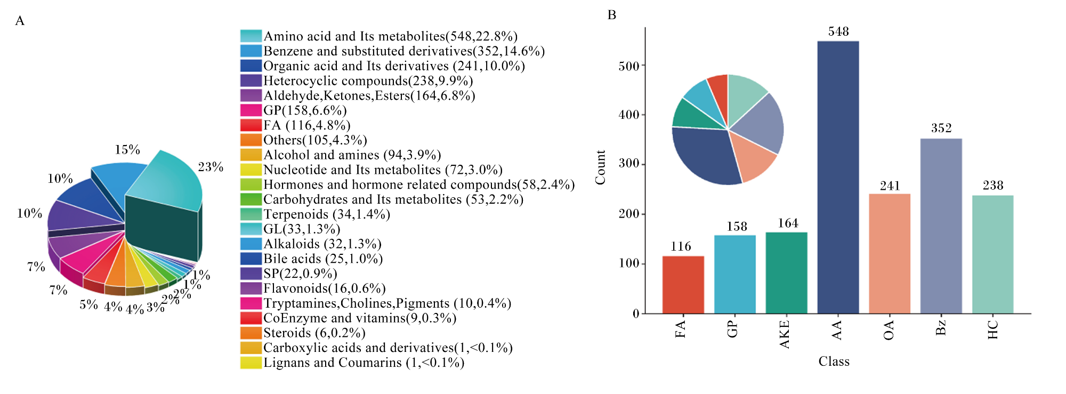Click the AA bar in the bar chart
coord(838,177)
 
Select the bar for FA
coord(683,285)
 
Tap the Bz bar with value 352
coord(941,226)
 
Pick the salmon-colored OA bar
coord(890,254)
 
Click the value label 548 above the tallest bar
coord(838,31)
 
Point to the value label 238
coord(993,186)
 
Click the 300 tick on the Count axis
coord(629,164)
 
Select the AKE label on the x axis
coord(785,334)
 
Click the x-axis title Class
coord(834,361)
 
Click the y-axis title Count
coord(601,167)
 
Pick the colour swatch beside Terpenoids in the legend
coord(251,214)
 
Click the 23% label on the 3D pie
coord(211,167)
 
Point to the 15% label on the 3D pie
coord(127,150)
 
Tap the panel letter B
coord(612,15)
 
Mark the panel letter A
coord(20,21)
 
